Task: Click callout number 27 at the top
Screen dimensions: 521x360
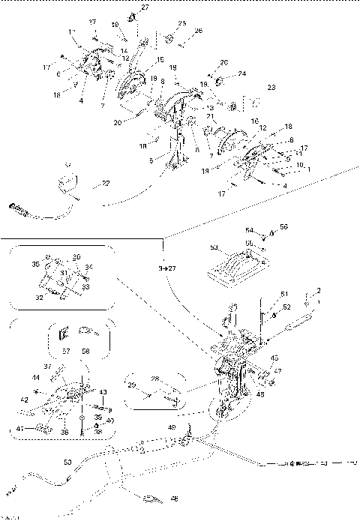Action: [x=145, y=7]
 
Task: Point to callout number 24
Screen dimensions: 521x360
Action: [x=241, y=73]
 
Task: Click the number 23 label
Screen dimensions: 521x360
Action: [x=271, y=88]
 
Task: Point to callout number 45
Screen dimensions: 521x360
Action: [x=274, y=358]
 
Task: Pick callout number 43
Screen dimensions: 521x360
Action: [x=103, y=392]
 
